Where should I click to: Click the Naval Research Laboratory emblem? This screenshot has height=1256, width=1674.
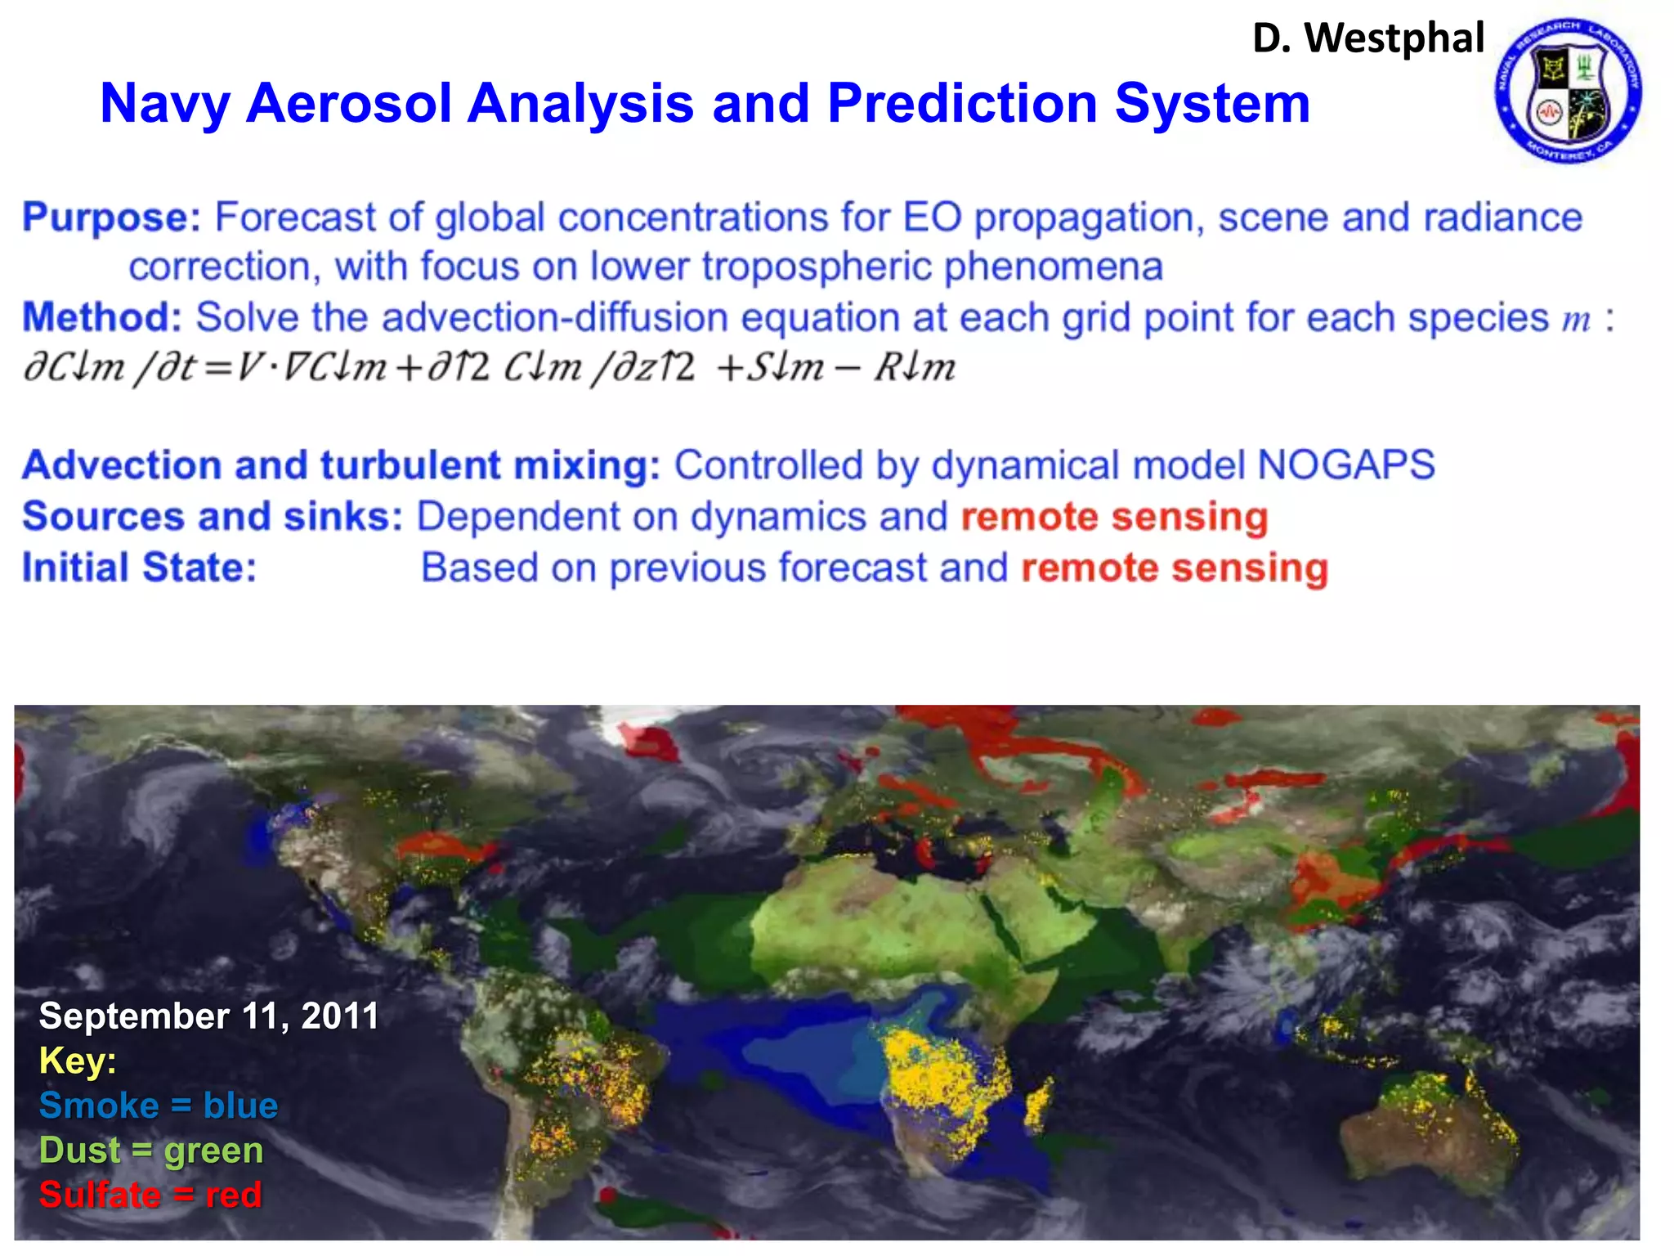(x=1568, y=90)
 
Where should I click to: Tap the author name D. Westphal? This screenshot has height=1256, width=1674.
(x=1368, y=38)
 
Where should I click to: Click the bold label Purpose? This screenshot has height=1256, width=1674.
(x=111, y=218)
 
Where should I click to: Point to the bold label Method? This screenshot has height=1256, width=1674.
(x=102, y=317)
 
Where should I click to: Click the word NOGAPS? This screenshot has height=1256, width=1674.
(x=1345, y=465)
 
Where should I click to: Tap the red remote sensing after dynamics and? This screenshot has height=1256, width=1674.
(x=1114, y=517)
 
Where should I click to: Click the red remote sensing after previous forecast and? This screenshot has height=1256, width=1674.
(x=1175, y=568)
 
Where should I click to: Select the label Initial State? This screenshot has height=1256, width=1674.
(x=139, y=568)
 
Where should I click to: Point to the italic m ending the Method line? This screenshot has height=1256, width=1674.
(x=1576, y=319)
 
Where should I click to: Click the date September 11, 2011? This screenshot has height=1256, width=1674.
(x=209, y=1016)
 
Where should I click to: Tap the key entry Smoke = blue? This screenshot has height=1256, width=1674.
(x=159, y=1106)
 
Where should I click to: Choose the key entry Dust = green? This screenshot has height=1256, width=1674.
(x=151, y=1151)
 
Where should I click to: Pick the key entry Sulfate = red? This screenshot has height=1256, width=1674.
(x=150, y=1195)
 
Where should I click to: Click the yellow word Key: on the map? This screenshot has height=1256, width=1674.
(x=78, y=1061)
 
